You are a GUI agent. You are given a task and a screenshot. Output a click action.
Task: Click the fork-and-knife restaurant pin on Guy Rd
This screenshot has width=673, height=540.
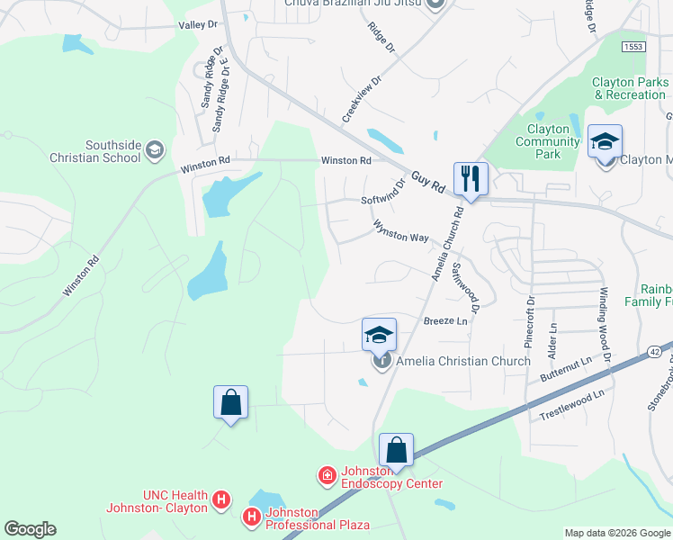[470, 178]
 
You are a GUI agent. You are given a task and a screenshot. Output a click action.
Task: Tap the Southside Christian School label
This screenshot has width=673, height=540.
[112, 151]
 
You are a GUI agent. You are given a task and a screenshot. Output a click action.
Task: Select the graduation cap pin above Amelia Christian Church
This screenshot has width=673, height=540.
[379, 336]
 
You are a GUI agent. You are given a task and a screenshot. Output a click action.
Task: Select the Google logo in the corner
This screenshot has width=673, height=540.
[30, 529]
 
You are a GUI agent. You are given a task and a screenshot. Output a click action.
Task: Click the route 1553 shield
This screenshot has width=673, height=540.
[633, 45]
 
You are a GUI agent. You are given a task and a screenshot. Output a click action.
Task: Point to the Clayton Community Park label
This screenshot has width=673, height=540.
[547, 141]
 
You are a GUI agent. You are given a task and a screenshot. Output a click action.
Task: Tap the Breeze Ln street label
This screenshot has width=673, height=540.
[446, 321]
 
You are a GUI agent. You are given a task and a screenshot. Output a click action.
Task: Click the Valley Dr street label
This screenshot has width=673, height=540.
[199, 25]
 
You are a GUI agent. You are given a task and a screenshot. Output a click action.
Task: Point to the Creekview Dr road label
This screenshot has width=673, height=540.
[363, 99]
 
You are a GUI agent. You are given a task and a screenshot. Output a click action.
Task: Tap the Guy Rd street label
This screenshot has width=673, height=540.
[429, 181]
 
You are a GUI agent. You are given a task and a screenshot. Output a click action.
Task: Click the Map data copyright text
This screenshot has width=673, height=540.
[616, 533]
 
